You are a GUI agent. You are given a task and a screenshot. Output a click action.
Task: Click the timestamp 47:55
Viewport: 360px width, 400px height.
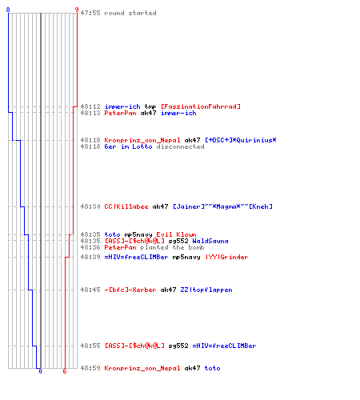point(90,13)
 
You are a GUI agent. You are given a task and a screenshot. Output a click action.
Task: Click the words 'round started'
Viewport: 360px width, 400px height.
point(130,13)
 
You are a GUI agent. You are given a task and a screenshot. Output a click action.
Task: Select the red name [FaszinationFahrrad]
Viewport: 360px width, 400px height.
point(201,106)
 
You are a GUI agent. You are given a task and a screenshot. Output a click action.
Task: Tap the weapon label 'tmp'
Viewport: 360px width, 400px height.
point(150,107)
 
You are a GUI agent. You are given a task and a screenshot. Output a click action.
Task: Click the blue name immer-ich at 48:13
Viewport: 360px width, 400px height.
point(178,113)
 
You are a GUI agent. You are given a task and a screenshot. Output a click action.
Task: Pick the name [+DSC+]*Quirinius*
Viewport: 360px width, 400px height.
point(241,140)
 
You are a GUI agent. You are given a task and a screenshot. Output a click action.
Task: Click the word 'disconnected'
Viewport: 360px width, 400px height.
point(181,146)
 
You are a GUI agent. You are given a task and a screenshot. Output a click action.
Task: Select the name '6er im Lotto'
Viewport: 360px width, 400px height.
point(128,146)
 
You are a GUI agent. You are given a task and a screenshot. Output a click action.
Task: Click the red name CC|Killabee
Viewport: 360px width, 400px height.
point(126,206)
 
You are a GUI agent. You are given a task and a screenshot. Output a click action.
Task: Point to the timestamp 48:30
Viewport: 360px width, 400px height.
point(90,206)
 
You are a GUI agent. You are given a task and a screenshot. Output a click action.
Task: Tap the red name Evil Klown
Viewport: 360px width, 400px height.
point(176,234)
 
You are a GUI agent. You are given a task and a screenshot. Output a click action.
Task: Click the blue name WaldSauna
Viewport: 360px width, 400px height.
point(210,241)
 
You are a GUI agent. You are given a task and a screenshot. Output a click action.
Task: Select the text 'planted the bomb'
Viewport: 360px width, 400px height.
point(172,247)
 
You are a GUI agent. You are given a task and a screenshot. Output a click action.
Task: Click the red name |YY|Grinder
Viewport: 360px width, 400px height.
point(227,257)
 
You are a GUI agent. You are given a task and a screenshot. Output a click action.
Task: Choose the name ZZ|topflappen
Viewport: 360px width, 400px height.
point(206,290)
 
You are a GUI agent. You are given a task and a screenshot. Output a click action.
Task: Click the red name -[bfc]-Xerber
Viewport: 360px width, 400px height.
point(130,290)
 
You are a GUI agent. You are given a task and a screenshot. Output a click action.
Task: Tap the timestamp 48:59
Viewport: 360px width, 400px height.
point(90,368)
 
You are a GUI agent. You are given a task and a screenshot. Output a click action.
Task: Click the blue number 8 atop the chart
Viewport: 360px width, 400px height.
point(8,10)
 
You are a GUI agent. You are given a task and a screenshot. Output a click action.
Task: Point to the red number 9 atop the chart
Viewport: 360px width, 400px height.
point(77,10)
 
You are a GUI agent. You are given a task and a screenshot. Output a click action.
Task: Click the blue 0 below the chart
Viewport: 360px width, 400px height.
point(40,371)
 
